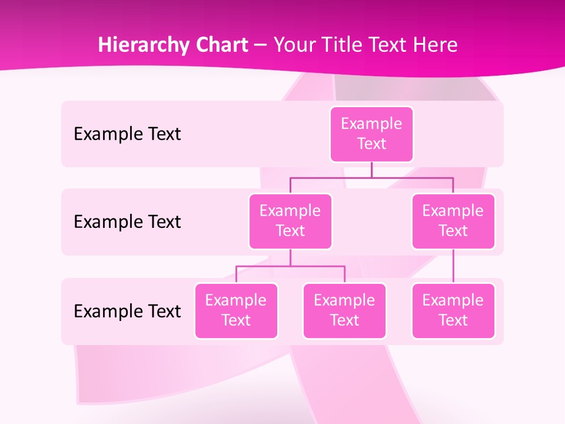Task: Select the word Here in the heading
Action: (435, 45)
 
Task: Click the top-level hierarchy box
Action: (371, 134)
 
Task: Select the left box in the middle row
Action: (290, 221)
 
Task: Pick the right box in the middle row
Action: (453, 221)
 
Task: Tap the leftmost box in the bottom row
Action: (236, 311)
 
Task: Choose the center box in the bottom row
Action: (344, 311)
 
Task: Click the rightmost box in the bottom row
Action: (453, 311)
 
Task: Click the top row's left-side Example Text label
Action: (127, 134)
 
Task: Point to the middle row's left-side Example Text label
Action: (127, 222)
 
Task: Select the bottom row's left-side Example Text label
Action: (127, 311)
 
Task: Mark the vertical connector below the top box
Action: (371, 170)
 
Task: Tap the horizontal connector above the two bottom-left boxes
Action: (290, 266)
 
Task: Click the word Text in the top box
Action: (371, 144)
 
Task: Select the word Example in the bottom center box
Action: (344, 301)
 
